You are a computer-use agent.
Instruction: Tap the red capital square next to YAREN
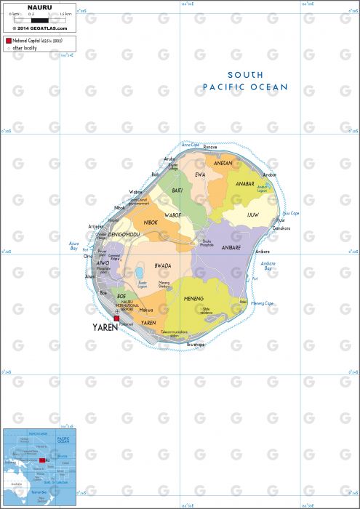pos(116,318)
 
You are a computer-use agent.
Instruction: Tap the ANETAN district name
pos(223,164)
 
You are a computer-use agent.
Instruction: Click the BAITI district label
pos(177,191)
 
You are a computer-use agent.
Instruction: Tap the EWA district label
pos(200,175)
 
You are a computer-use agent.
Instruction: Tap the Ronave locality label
pos(210,148)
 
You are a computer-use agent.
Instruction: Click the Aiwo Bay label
pos(73,246)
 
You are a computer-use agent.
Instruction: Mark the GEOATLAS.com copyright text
pos(34,28)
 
